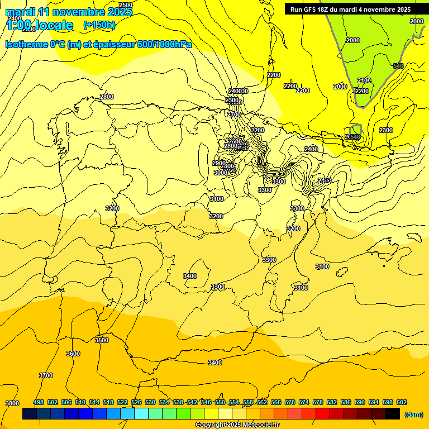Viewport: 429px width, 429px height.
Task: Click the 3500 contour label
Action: [101, 340]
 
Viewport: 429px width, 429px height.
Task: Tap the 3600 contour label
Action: [73, 354]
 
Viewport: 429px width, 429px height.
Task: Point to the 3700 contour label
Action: [46, 375]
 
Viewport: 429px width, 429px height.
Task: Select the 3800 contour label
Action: [12, 403]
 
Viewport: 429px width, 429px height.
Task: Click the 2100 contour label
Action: [364, 80]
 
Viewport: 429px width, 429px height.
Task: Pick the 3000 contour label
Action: [221, 173]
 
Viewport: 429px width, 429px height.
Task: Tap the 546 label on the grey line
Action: [398, 66]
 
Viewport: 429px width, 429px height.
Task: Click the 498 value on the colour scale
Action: [39, 402]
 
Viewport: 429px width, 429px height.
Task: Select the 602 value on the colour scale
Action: [402, 402]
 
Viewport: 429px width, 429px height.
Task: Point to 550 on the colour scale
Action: [220, 402]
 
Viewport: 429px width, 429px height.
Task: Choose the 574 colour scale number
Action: [304, 402]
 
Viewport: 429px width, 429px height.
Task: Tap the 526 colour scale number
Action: [136, 402]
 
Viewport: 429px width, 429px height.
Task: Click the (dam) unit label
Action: [413, 414]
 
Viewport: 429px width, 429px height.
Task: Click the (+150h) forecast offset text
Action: [99, 25]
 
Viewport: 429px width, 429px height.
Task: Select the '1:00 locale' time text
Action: [40, 25]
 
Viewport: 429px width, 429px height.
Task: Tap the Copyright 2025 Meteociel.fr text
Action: [237, 425]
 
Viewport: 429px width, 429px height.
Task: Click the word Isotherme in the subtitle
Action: [26, 45]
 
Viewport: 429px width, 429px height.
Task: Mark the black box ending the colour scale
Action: [393, 414]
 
